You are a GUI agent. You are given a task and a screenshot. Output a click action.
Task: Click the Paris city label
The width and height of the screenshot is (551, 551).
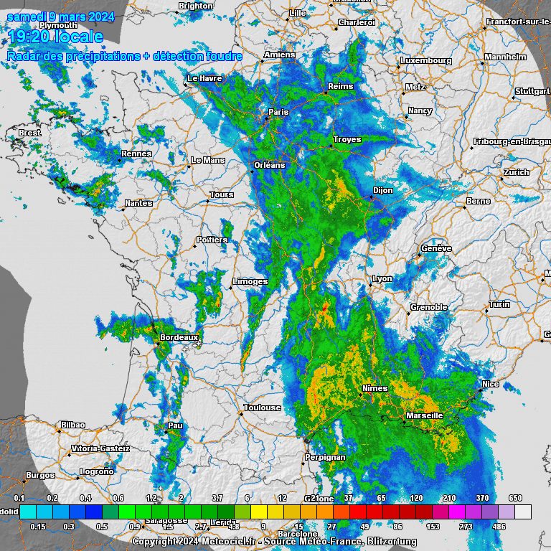point(278,112)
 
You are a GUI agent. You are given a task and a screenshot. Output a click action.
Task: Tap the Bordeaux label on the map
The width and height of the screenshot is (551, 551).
point(179,336)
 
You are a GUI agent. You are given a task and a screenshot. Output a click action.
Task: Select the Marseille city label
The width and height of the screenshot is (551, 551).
point(424,415)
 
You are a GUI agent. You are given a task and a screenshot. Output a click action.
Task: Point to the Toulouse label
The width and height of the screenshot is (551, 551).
point(262,408)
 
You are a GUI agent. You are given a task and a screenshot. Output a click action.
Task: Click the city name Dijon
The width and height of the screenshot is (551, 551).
point(383,190)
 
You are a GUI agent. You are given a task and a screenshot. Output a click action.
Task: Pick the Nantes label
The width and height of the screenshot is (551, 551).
point(138,203)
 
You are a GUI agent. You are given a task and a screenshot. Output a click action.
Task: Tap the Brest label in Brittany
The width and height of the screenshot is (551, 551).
point(30,133)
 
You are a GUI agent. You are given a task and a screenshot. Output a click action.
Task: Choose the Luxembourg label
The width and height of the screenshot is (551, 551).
point(426,61)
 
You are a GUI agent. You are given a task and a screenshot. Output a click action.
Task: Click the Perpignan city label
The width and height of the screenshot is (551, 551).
point(324,457)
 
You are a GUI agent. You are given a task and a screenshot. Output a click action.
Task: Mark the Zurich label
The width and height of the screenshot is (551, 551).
point(516,172)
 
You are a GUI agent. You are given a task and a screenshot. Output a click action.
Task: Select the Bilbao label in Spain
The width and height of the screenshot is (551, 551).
point(72,425)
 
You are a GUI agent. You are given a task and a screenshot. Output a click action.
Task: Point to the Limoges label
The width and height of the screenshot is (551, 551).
point(250,282)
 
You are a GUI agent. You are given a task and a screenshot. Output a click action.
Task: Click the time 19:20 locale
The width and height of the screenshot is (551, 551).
point(55,37)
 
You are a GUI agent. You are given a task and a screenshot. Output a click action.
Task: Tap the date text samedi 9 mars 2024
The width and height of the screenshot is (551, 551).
point(61,17)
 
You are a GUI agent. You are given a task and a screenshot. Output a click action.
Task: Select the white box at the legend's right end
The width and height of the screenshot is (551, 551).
point(524,511)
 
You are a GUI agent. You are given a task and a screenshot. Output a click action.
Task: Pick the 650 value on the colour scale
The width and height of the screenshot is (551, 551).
point(515,498)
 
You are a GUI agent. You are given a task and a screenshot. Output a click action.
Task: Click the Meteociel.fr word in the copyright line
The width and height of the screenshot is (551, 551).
point(202,542)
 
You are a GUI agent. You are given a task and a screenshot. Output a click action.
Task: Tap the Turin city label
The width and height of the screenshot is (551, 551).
point(499,305)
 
